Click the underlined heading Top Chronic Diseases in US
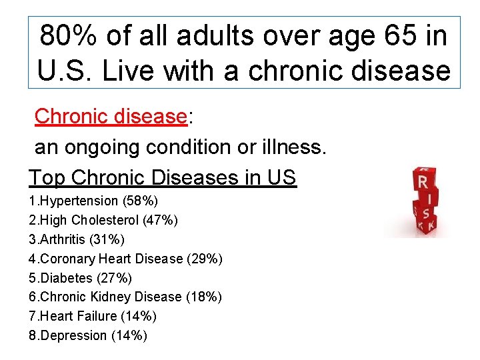(x=162, y=178)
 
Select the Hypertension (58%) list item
(x=93, y=201)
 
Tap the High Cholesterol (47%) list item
(x=103, y=220)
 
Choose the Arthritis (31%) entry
(x=77, y=239)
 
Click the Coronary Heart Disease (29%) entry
(x=126, y=259)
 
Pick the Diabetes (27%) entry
(x=81, y=278)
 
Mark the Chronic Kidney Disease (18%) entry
(x=125, y=297)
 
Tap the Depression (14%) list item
(x=88, y=336)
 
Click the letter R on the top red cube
(x=422, y=181)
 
